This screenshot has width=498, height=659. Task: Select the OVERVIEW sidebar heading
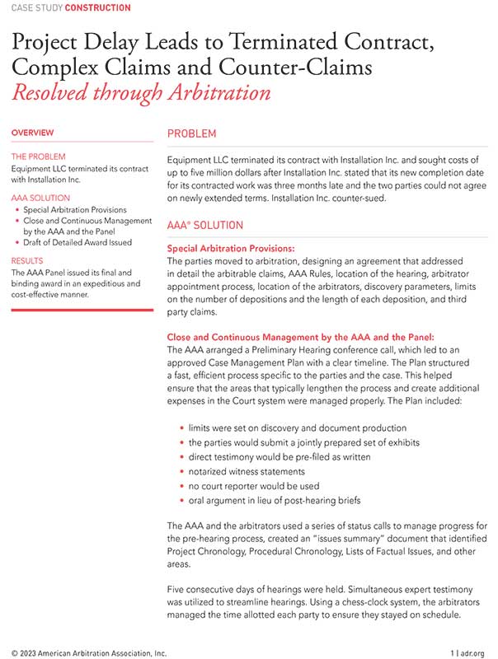[x=33, y=133]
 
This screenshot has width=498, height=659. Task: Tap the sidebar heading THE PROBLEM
[x=38, y=157]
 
